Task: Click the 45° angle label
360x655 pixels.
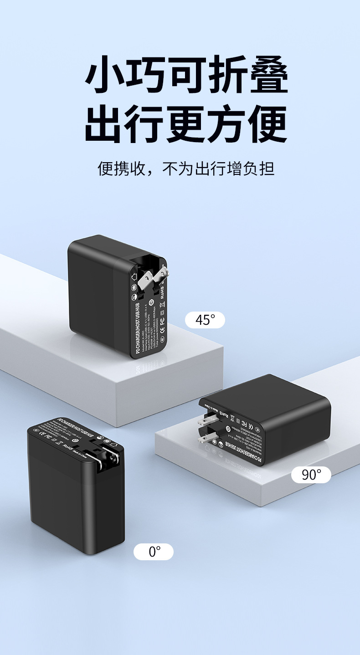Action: point(205,320)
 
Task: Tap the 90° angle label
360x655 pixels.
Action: point(311,475)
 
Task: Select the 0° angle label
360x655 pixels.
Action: point(154,552)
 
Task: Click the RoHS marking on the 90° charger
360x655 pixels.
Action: point(223,413)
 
